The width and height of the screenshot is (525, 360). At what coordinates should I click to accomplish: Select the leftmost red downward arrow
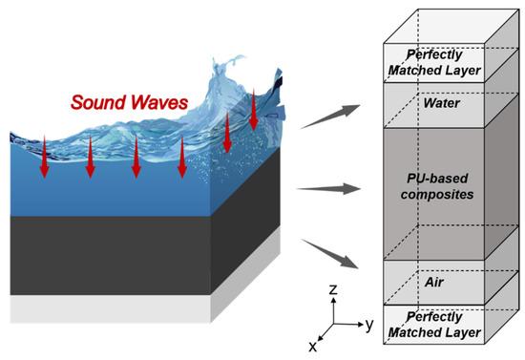pos(44,158)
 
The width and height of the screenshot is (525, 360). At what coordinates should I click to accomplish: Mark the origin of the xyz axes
pos(333,324)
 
